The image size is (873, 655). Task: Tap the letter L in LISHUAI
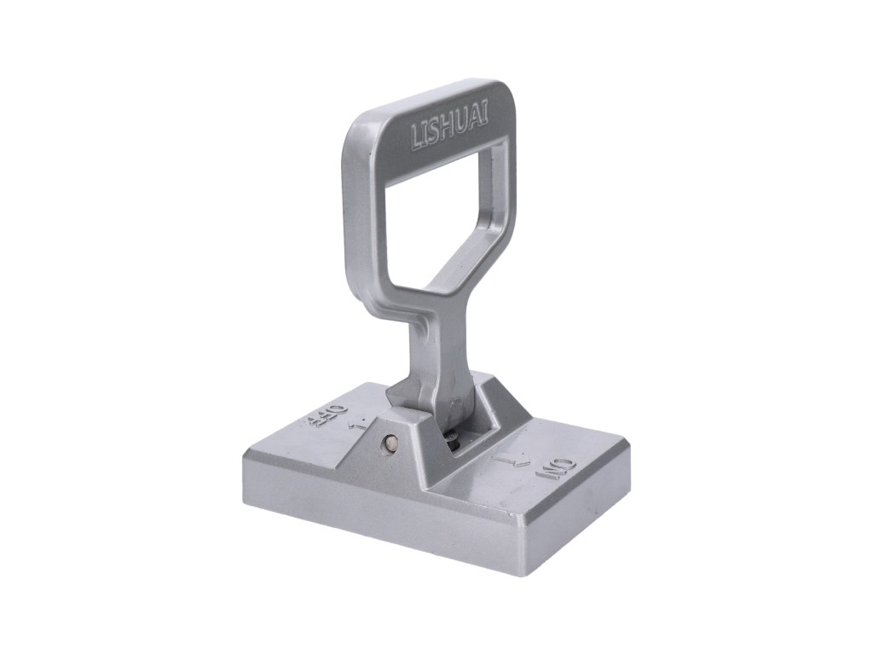pyautogui.click(x=416, y=141)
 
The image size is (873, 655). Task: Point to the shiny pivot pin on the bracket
pyautogui.click(x=389, y=444)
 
